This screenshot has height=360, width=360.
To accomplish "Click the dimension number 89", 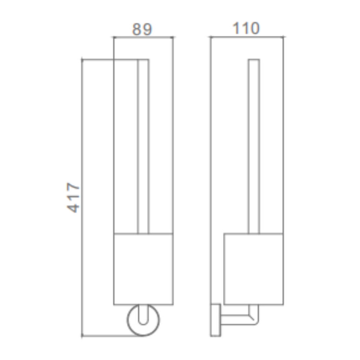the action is click(x=142, y=29).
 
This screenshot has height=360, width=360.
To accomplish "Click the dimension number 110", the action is click(x=246, y=28).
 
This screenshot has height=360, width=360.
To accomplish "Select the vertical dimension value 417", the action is click(x=73, y=198).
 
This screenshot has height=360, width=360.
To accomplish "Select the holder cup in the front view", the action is click(x=144, y=269).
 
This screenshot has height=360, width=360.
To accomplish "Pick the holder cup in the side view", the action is click(x=253, y=269).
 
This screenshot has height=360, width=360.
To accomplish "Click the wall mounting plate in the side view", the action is click(x=216, y=320).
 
